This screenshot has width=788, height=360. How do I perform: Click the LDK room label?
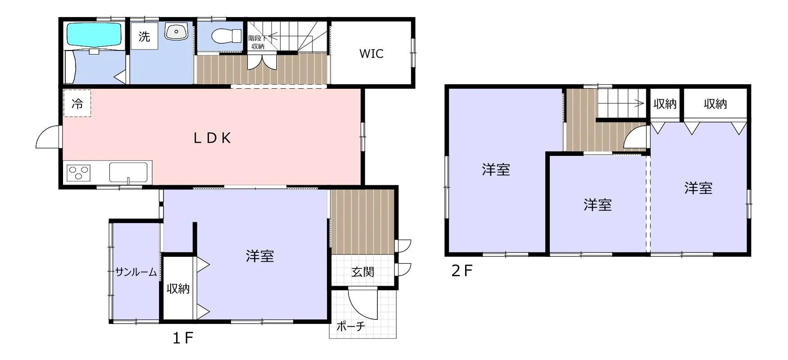[213, 138]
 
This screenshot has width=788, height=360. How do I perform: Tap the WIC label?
[371, 54]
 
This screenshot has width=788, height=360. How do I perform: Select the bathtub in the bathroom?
[94, 35]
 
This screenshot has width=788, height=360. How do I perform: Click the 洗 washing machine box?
[144, 36]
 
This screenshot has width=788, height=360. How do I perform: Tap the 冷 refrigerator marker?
[77, 104]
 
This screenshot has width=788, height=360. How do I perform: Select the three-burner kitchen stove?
[78, 173]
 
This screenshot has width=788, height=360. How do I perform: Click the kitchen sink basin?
[128, 173]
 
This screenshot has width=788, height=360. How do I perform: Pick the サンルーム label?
[136, 272]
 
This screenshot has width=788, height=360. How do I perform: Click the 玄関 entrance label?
[362, 272]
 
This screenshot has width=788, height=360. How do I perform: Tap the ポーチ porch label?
[350, 326]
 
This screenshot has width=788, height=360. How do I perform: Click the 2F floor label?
[462, 271]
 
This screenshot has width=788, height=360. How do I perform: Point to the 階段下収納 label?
[258, 42]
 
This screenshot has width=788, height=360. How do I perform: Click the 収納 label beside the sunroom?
[178, 288]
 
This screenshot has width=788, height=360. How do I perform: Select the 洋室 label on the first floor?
[260, 256]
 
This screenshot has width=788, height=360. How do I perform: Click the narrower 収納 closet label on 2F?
[665, 104]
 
